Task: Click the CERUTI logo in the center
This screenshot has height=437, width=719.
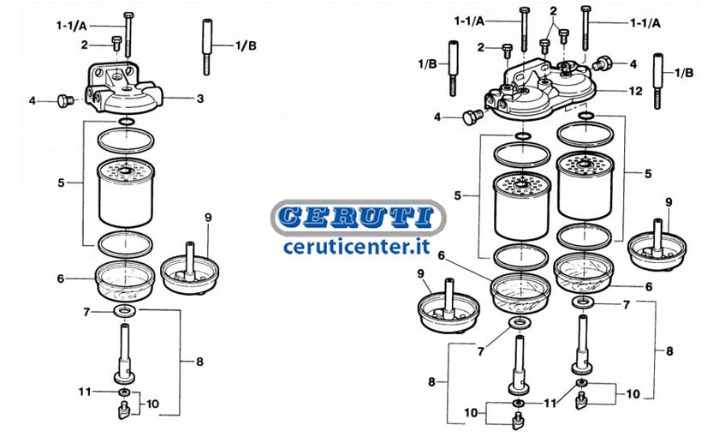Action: (358, 217)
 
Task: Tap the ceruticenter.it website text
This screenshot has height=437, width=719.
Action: (357, 247)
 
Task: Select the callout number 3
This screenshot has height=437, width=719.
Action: (200, 99)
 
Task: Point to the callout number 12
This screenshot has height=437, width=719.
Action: (635, 92)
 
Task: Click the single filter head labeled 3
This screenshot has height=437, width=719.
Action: (125, 88)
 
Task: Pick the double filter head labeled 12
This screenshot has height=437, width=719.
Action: (541, 91)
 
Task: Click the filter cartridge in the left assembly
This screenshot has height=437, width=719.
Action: (126, 193)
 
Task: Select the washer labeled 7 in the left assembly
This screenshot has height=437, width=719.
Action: (125, 311)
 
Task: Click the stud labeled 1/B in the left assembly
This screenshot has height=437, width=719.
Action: (206, 46)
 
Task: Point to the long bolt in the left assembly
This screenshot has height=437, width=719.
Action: (127, 34)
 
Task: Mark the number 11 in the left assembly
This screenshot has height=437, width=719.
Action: (85, 392)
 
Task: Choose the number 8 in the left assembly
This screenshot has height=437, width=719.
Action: (199, 362)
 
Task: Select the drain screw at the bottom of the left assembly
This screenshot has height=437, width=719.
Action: (124, 410)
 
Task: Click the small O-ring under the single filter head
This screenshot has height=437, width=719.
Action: (126, 122)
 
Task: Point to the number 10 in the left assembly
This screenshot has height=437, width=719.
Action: (152, 404)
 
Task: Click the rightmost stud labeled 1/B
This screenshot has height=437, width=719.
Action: (658, 81)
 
